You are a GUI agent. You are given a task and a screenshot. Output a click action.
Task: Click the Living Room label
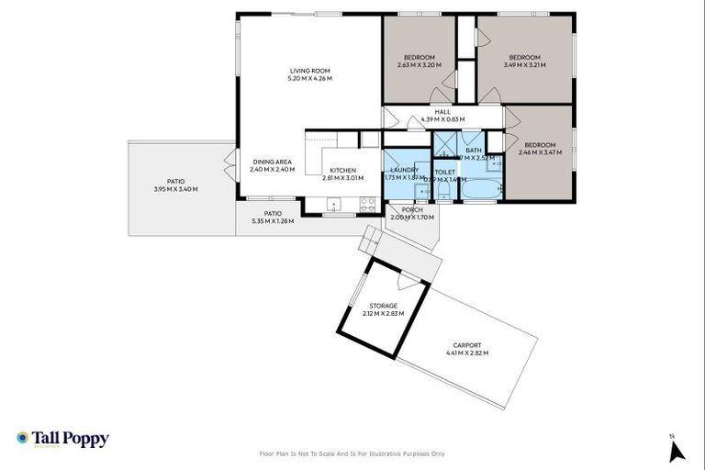(x=309, y=71)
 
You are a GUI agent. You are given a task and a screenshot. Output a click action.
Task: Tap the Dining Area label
(x=272, y=162)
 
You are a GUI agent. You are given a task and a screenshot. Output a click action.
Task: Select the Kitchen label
(x=342, y=171)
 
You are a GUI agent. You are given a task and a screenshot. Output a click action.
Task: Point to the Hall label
(x=442, y=112)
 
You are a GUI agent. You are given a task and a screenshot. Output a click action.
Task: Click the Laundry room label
(x=405, y=171)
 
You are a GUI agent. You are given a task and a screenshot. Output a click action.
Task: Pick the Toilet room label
(x=444, y=172)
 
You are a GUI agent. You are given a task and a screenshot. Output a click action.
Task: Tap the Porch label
(x=411, y=210)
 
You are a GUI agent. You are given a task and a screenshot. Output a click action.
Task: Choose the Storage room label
(x=384, y=306)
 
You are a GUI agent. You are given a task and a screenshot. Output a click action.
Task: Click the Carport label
(x=466, y=345)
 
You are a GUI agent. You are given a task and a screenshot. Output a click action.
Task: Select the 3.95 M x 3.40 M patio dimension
(x=175, y=189)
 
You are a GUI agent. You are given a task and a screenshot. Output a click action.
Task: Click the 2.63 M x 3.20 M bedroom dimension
(x=419, y=65)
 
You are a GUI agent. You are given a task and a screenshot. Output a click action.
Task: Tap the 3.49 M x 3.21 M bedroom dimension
(x=524, y=65)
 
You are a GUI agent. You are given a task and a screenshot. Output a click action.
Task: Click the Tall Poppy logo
(x=62, y=439)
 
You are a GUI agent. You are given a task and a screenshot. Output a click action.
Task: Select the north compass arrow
(x=677, y=450)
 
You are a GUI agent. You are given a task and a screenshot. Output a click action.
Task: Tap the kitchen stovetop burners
(x=367, y=204)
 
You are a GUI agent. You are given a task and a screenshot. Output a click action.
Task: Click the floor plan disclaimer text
(x=352, y=453)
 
